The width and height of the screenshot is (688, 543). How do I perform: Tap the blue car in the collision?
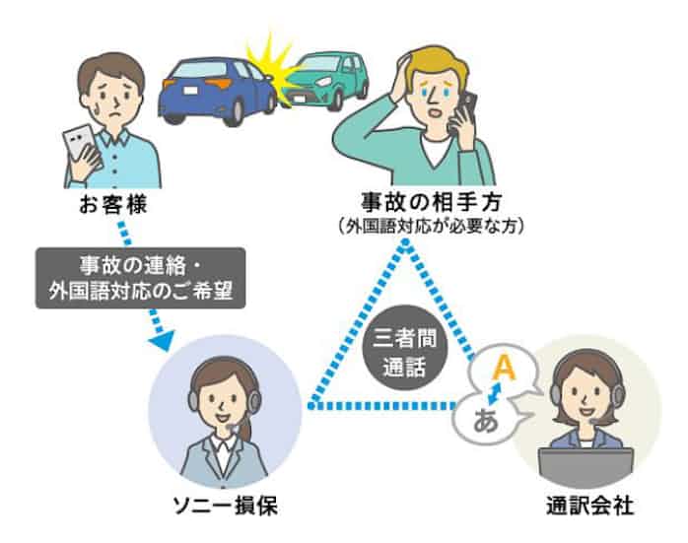211,89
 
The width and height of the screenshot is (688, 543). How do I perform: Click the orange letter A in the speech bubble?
504,368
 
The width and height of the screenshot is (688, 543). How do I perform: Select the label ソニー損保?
224,507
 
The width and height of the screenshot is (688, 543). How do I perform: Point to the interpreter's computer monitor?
588,463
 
